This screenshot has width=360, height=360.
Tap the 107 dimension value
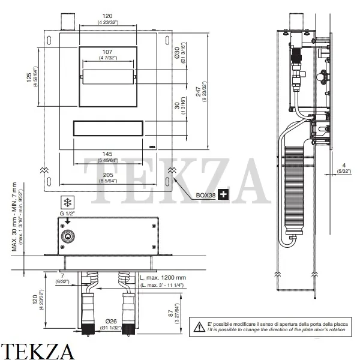[x=109, y=52]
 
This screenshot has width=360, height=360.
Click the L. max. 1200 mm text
[x=163, y=278]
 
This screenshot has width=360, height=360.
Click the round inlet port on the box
[x=69, y=238]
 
